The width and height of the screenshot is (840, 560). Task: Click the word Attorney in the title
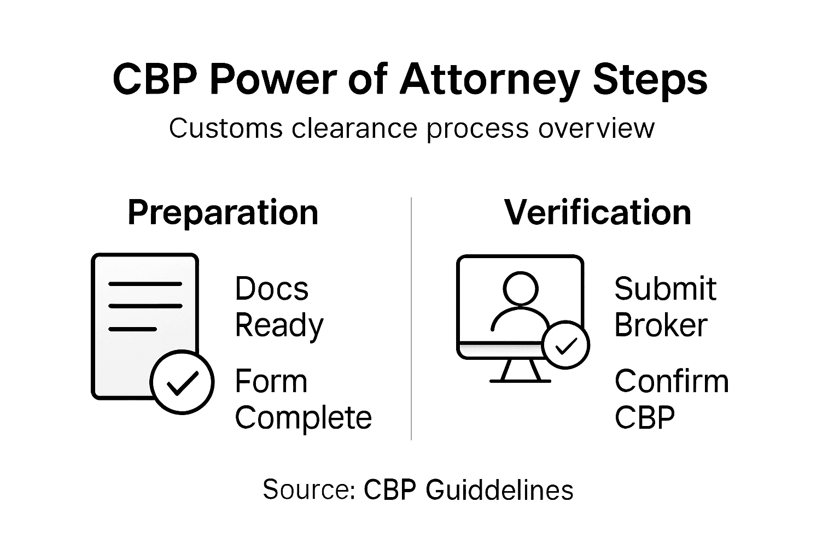(x=489, y=80)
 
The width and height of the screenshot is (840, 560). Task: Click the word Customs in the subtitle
(x=225, y=129)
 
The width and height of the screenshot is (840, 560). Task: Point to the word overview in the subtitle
(x=596, y=129)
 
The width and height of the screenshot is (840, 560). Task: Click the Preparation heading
(x=223, y=212)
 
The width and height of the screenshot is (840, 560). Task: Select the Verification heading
(x=598, y=212)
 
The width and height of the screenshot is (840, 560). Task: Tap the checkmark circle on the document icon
(x=182, y=382)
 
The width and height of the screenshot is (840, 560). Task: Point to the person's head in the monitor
(x=520, y=289)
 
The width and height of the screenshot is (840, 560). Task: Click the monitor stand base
(x=520, y=380)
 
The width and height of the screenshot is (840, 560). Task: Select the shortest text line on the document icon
(x=133, y=329)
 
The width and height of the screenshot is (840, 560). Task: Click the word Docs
(x=271, y=289)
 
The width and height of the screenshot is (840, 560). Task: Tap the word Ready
(x=279, y=326)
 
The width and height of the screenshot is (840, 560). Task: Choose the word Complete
(x=303, y=418)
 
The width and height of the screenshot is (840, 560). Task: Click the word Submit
(x=665, y=289)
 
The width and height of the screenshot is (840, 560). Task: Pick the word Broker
(x=661, y=325)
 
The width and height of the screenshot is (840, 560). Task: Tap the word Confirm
(x=672, y=381)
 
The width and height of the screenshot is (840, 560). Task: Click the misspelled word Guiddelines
(x=499, y=489)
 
